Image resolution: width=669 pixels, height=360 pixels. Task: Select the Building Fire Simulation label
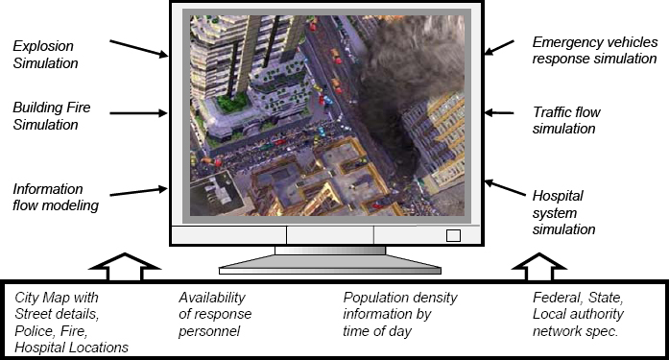click(45, 115)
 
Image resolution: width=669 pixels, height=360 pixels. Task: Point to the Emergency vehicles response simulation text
click(594, 50)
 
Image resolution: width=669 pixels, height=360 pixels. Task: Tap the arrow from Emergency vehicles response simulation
click(502, 45)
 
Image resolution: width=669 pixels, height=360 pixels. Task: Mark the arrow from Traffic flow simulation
click(500, 112)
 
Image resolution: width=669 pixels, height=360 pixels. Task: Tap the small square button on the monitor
click(453, 235)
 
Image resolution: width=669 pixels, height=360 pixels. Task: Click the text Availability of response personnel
click(217, 314)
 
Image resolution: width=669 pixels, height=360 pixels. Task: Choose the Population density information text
click(400, 314)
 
